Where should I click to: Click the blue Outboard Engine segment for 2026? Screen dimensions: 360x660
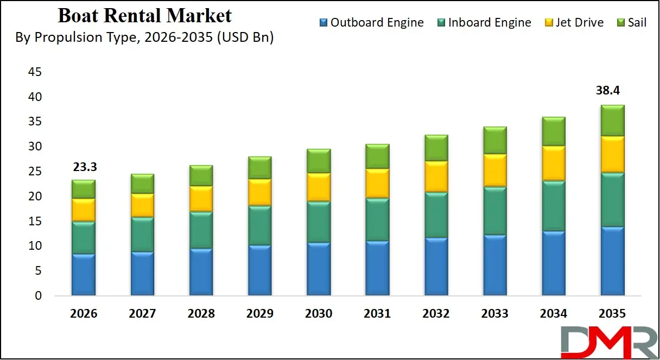[x=84, y=275]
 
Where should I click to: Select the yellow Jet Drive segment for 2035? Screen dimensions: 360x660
[x=612, y=154]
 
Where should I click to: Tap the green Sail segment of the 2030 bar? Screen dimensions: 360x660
[x=319, y=161]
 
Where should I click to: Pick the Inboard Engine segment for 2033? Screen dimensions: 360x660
[x=495, y=211]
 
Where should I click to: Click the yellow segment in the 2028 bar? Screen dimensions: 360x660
[x=201, y=199]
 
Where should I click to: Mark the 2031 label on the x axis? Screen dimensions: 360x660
[x=377, y=314]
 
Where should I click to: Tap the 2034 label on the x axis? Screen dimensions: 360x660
[x=553, y=314]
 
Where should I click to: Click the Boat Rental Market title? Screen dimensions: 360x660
[x=144, y=16]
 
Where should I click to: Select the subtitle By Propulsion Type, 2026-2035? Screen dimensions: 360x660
[x=144, y=37]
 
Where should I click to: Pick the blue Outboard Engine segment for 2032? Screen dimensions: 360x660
[x=436, y=267]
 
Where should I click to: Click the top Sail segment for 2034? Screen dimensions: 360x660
[x=554, y=131]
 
